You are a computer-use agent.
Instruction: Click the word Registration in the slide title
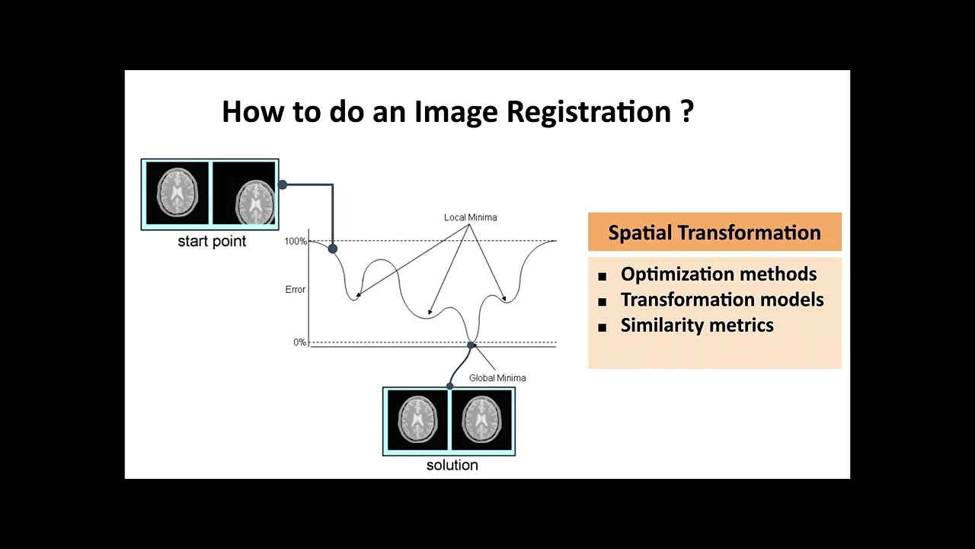(588, 112)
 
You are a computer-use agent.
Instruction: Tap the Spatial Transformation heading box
(714, 233)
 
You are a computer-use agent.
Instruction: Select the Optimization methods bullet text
(718, 274)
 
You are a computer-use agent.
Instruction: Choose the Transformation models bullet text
(722, 300)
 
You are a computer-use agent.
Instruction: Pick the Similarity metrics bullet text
(697, 326)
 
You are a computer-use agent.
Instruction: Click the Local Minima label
(470, 217)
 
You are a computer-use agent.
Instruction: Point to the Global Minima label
(497, 378)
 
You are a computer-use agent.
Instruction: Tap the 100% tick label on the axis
(296, 242)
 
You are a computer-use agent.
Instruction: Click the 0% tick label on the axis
(299, 342)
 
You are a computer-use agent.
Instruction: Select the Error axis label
(295, 290)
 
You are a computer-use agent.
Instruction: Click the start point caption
(212, 242)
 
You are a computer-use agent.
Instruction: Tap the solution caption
(452, 465)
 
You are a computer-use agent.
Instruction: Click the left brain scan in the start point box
(177, 192)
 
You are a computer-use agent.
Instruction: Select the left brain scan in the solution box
(417, 420)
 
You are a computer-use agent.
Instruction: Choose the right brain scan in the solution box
(483, 420)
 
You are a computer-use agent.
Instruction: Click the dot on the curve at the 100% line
(332, 249)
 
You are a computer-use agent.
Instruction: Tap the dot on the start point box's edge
(282, 185)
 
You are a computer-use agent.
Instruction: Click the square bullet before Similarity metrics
(602, 327)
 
